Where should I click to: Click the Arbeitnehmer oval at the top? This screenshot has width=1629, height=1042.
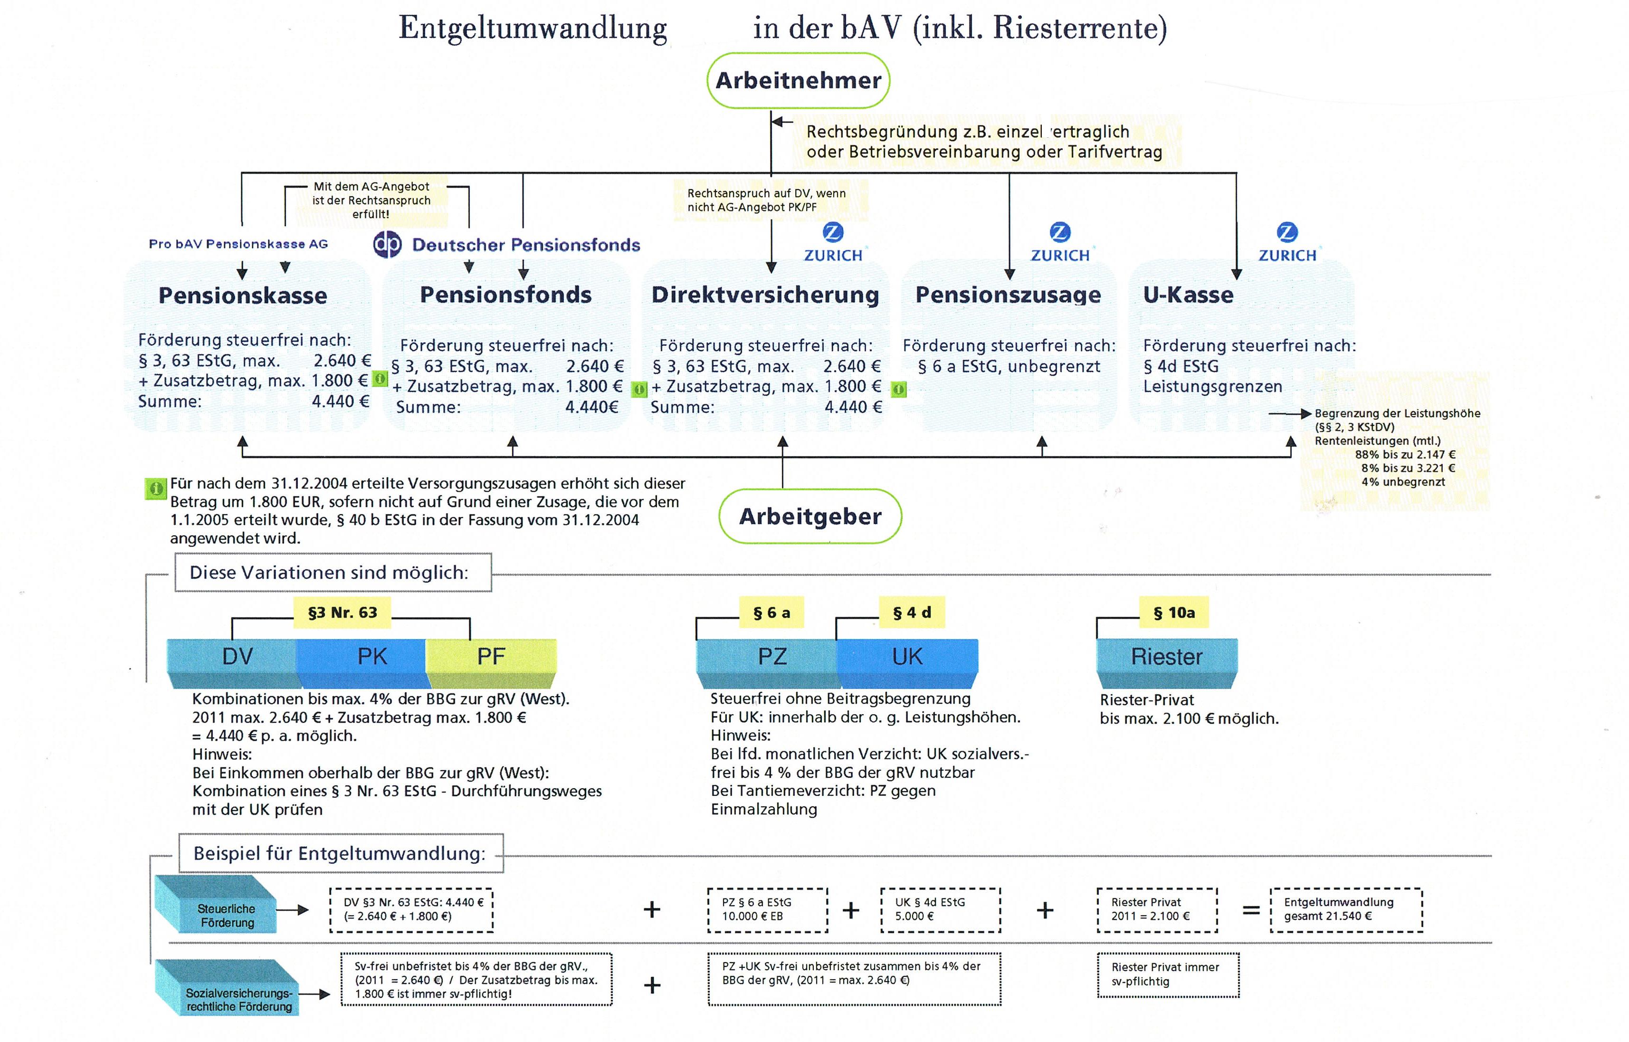(x=798, y=80)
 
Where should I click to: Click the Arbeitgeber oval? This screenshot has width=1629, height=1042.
(x=810, y=516)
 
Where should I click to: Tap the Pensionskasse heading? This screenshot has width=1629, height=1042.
(x=242, y=296)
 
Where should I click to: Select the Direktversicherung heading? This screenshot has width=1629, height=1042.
(x=765, y=295)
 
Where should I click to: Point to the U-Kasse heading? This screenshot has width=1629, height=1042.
(x=1188, y=295)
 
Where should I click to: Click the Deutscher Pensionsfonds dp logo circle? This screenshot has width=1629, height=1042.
(x=388, y=244)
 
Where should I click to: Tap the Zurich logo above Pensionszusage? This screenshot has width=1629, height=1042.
(x=1059, y=233)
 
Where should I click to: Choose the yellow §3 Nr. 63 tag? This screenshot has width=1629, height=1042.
(x=343, y=612)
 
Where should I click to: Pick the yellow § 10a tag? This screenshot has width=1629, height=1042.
(x=1174, y=612)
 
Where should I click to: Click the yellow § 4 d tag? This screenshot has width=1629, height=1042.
(x=912, y=612)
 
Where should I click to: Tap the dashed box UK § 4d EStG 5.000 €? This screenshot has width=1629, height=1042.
(x=940, y=909)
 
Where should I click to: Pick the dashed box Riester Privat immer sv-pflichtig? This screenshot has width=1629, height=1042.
(x=1168, y=975)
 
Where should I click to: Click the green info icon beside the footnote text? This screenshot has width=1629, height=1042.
(x=156, y=488)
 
